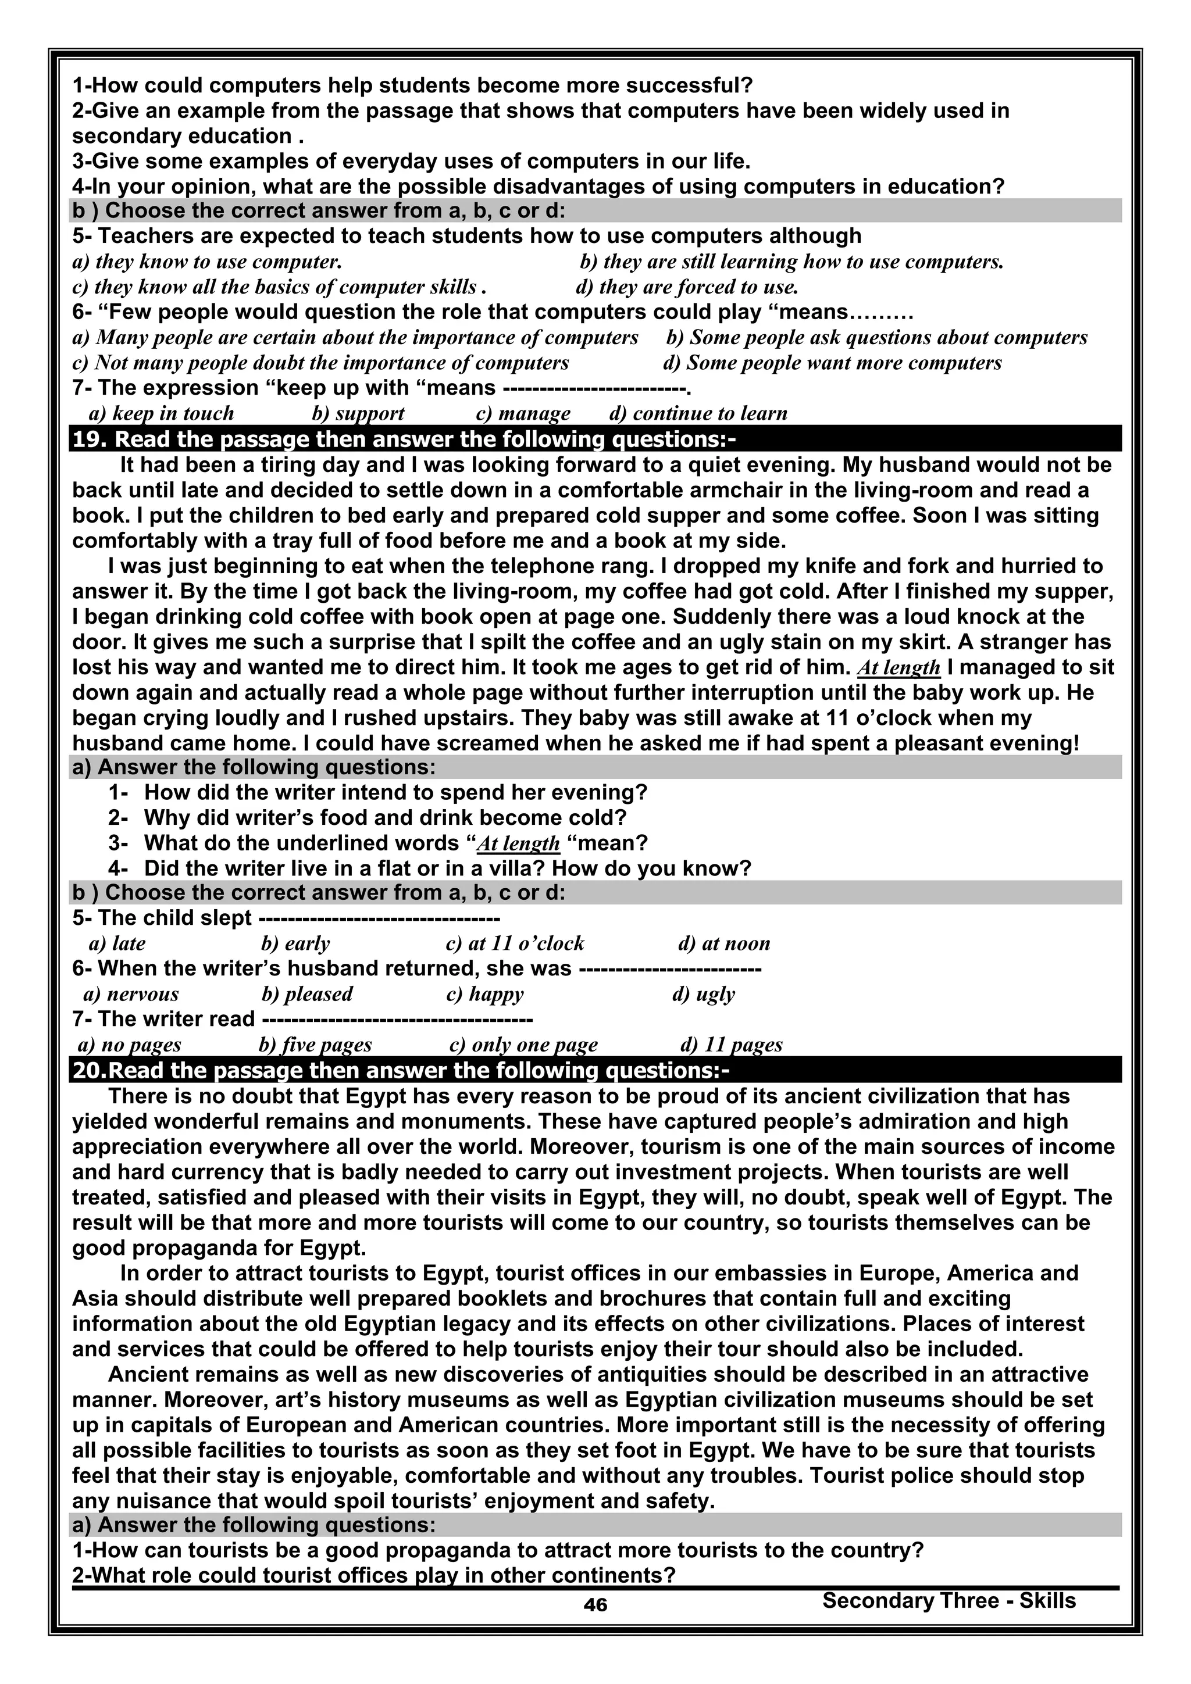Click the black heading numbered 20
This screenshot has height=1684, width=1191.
[400, 1070]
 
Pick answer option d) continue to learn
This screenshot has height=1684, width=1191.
[698, 414]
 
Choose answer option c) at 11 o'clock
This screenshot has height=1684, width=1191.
[515, 943]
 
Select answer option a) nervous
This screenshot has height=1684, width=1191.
[131, 994]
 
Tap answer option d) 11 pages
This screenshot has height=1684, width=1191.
[731, 1045]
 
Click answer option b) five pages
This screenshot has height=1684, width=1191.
[316, 1045]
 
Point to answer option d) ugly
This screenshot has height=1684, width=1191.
[703, 994]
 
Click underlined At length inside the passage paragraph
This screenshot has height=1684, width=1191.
[898, 667]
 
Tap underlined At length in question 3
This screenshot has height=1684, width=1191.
[518, 843]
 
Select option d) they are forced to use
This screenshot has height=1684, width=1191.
[687, 287]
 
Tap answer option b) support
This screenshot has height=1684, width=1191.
[358, 414]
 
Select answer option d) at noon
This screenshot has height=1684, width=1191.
[723, 943]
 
